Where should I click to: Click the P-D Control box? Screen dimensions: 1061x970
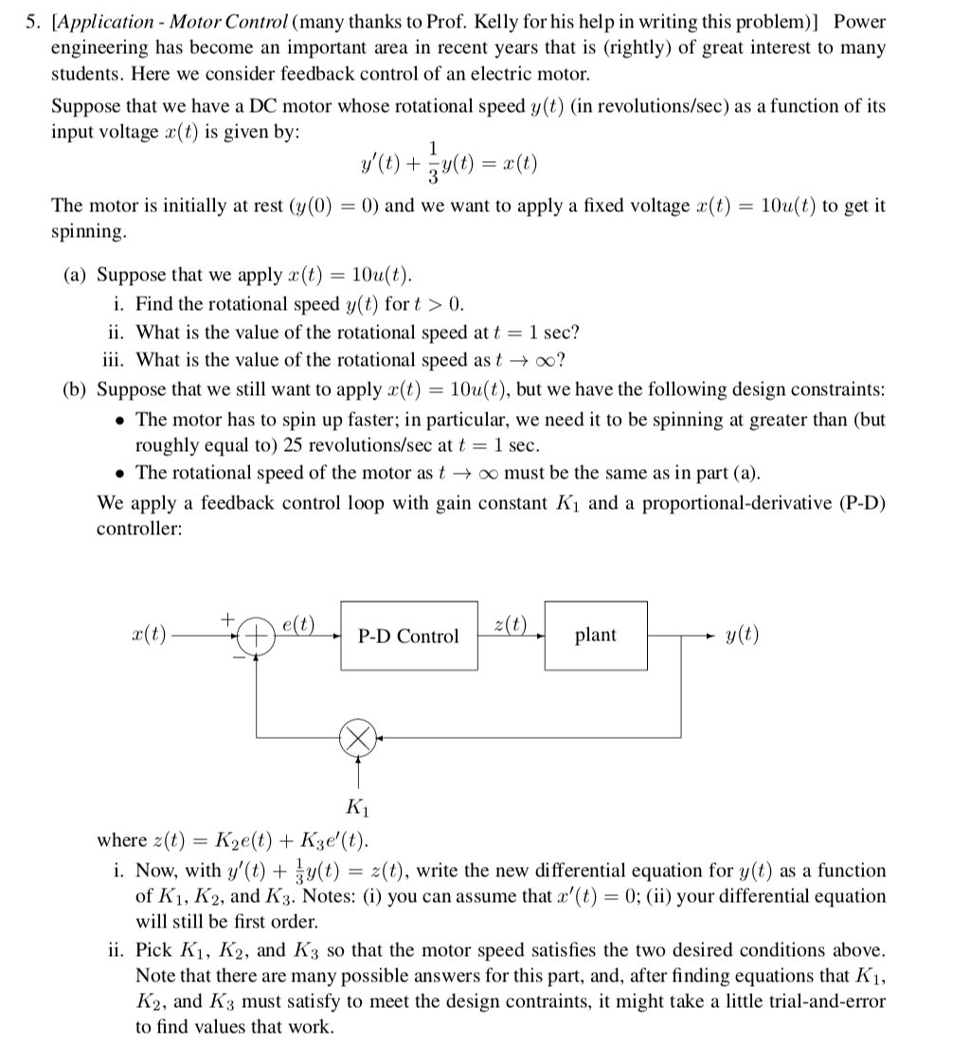(408, 636)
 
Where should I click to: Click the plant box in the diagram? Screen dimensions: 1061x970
(595, 635)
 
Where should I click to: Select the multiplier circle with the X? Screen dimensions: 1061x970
(359, 737)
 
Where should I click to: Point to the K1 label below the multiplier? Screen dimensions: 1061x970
(359, 807)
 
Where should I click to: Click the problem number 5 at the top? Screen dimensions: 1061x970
(29, 21)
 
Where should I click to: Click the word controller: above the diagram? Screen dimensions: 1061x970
(139, 530)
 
